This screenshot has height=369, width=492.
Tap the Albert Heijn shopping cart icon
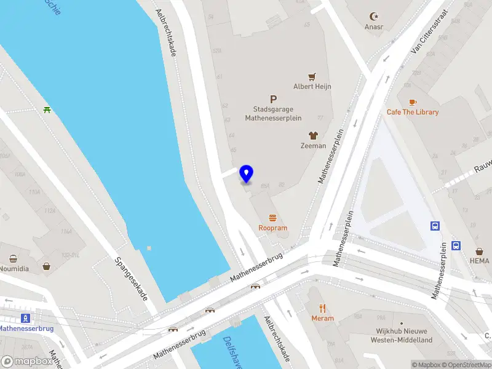[x=312, y=77]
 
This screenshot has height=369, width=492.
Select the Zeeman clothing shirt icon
[x=313, y=135]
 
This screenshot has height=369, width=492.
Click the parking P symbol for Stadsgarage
[x=273, y=99]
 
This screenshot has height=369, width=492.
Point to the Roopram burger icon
[x=272, y=218]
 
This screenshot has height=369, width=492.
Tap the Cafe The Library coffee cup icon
[x=412, y=102]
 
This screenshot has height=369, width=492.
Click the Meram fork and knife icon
[x=322, y=308]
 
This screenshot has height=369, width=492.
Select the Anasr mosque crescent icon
[x=374, y=16]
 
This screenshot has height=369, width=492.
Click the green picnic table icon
[x=47, y=110]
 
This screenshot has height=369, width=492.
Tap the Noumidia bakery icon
[x=13, y=259]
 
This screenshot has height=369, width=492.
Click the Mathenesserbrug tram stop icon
[x=26, y=318]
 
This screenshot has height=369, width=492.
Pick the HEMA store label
[x=480, y=261]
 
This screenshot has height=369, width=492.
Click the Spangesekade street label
[x=132, y=279]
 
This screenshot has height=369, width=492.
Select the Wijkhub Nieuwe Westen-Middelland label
[x=405, y=336]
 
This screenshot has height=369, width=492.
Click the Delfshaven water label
[x=234, y=353]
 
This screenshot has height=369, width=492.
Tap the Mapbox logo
[x=26, y=362]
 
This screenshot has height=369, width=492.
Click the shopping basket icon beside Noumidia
[x=47, y=267]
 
